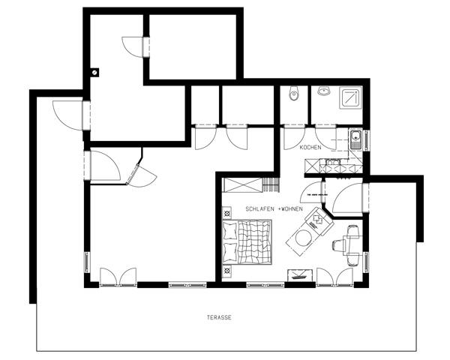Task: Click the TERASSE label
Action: tap(219, 318)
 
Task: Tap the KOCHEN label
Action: tap(310, 148)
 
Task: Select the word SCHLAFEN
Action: tap(259, 209)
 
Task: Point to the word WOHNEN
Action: tap(292, 209)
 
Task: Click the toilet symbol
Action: tap(294, 93)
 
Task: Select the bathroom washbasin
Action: tap(324, 91)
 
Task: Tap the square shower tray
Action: tap(351, 98)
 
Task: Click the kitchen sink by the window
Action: tap(355, 139)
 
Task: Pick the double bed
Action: tap(247, 241)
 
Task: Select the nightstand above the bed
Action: tap(227, 213)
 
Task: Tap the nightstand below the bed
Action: tap(227, 271)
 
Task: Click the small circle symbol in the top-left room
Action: tap(94, 72)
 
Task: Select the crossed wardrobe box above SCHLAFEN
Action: tap(243, 185)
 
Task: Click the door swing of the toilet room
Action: tap(294, 138)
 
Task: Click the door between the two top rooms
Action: tap(132, 46)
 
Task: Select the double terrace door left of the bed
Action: tap(118, 277)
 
